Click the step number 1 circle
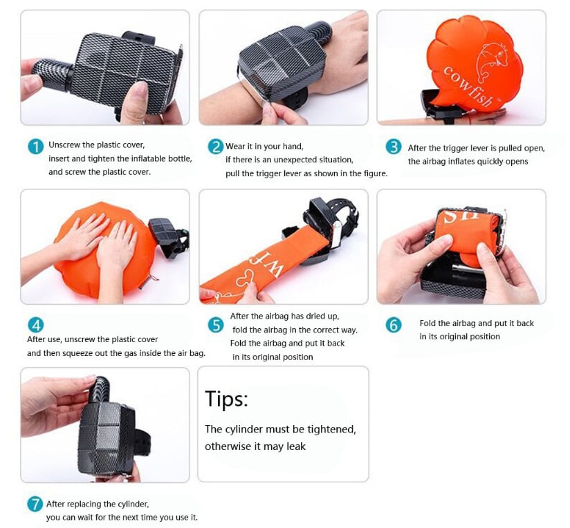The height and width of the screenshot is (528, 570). (x=35, y=147)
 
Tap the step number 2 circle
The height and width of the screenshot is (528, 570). (x=215, y=147)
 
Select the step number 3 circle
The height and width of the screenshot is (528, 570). (x=394, y=147)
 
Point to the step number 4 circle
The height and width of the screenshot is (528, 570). (x=36, y=325)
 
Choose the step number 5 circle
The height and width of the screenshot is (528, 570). (x=216, y=325)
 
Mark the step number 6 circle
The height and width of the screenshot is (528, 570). (x=394, y=325)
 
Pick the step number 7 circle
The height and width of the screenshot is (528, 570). (x=35, y=504)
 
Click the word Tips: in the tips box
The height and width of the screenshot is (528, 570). (x=226, y=399)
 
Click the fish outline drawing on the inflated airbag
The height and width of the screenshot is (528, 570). (x=490, y=61)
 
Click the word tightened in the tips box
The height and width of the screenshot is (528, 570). (x=331, y=429)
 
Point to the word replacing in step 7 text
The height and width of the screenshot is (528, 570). (x=84, y=505)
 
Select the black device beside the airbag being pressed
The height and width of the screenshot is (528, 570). (x=169, y=238)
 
